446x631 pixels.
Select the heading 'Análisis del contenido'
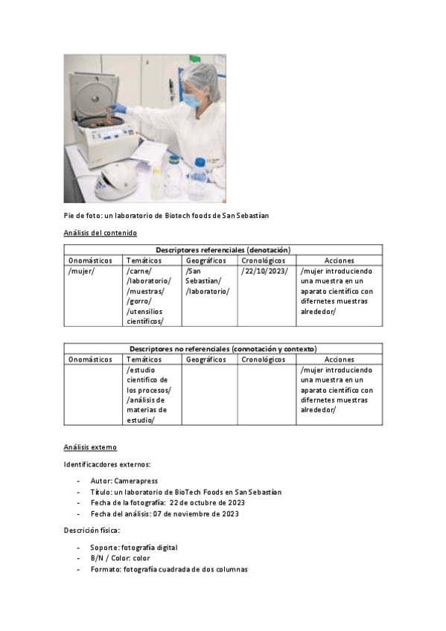(x=100, y=233)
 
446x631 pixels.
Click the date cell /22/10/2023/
(x=264, y=272)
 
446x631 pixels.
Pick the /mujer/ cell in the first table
(x=80, y=272)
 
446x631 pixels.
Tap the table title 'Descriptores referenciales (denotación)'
(x=223, y=250)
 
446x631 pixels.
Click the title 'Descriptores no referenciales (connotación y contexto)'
(x=223, y=348)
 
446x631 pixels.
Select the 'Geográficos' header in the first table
(x=206, y=260)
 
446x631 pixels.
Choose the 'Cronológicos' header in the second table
(x=264, y=359)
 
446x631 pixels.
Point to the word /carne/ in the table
(x=138, y=272)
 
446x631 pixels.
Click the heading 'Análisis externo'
(x=89, y=447)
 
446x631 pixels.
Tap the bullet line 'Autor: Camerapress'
(x=124, y=481)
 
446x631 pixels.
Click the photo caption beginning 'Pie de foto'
(x=165, y=216)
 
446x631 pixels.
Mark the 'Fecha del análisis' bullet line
(x=165, y=514)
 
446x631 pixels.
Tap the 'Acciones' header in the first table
(x=339, y=260)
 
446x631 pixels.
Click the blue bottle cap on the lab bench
(x=200, y=161)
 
